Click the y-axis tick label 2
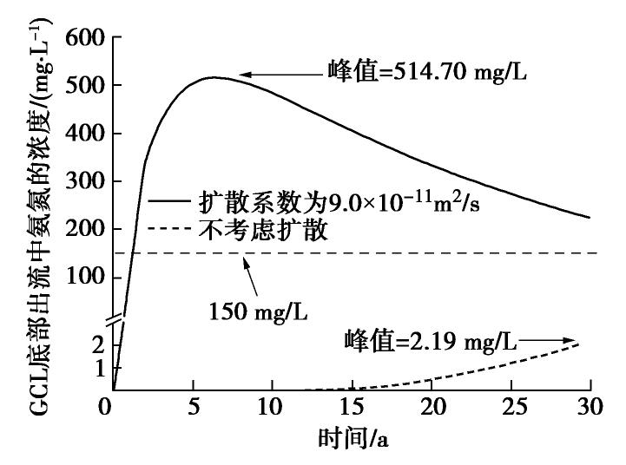coord(96,344)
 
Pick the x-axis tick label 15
coord(351,408)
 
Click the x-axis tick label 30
coord(590,408)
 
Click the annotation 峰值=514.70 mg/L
coord(425,69)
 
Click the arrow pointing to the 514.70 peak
coord(278,75)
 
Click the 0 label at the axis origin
coord(105,408)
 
